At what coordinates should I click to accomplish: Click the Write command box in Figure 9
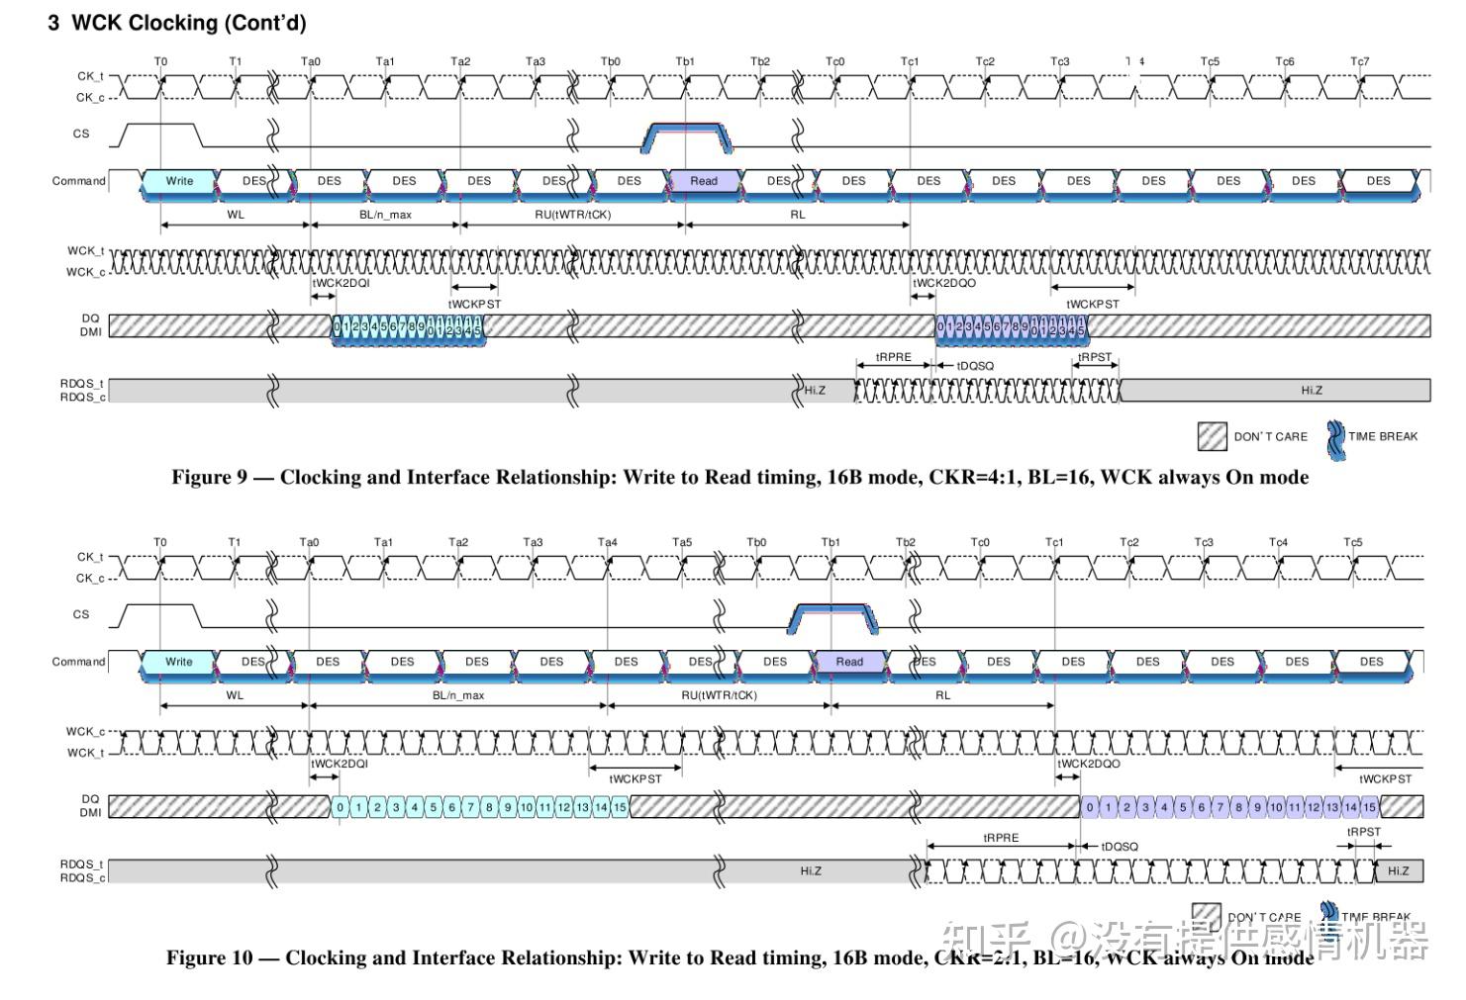[x=179, y=181]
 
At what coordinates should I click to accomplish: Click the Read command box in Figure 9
[x=704, y=181]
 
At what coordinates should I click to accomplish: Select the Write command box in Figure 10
[x=179, y=662]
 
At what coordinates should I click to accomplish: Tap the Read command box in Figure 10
[x=849, y=662]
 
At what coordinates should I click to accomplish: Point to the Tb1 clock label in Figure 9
[x=685, y=61]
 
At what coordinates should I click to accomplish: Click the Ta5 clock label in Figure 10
[x=682, y=542]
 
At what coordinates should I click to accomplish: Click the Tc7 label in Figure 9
[x=1360, y=61]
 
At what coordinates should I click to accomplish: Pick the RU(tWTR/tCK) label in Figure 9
[x=572, y=215]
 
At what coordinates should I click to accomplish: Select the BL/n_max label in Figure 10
[x=458, y=695]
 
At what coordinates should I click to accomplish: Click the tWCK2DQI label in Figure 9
[x=341, y=283]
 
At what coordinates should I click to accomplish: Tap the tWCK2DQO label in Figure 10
[x=1089, y=764]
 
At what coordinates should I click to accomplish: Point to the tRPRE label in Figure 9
[x=893, y=357]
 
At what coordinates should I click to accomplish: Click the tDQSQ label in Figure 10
[x=1120, y=847]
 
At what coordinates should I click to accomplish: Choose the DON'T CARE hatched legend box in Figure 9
[x=1212, y=436]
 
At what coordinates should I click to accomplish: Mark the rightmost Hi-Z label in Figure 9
[x=1312, y=391]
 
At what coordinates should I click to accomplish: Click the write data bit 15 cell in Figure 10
[x=620, y=807]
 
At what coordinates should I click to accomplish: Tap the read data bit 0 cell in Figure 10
[x=1090, y=807]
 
